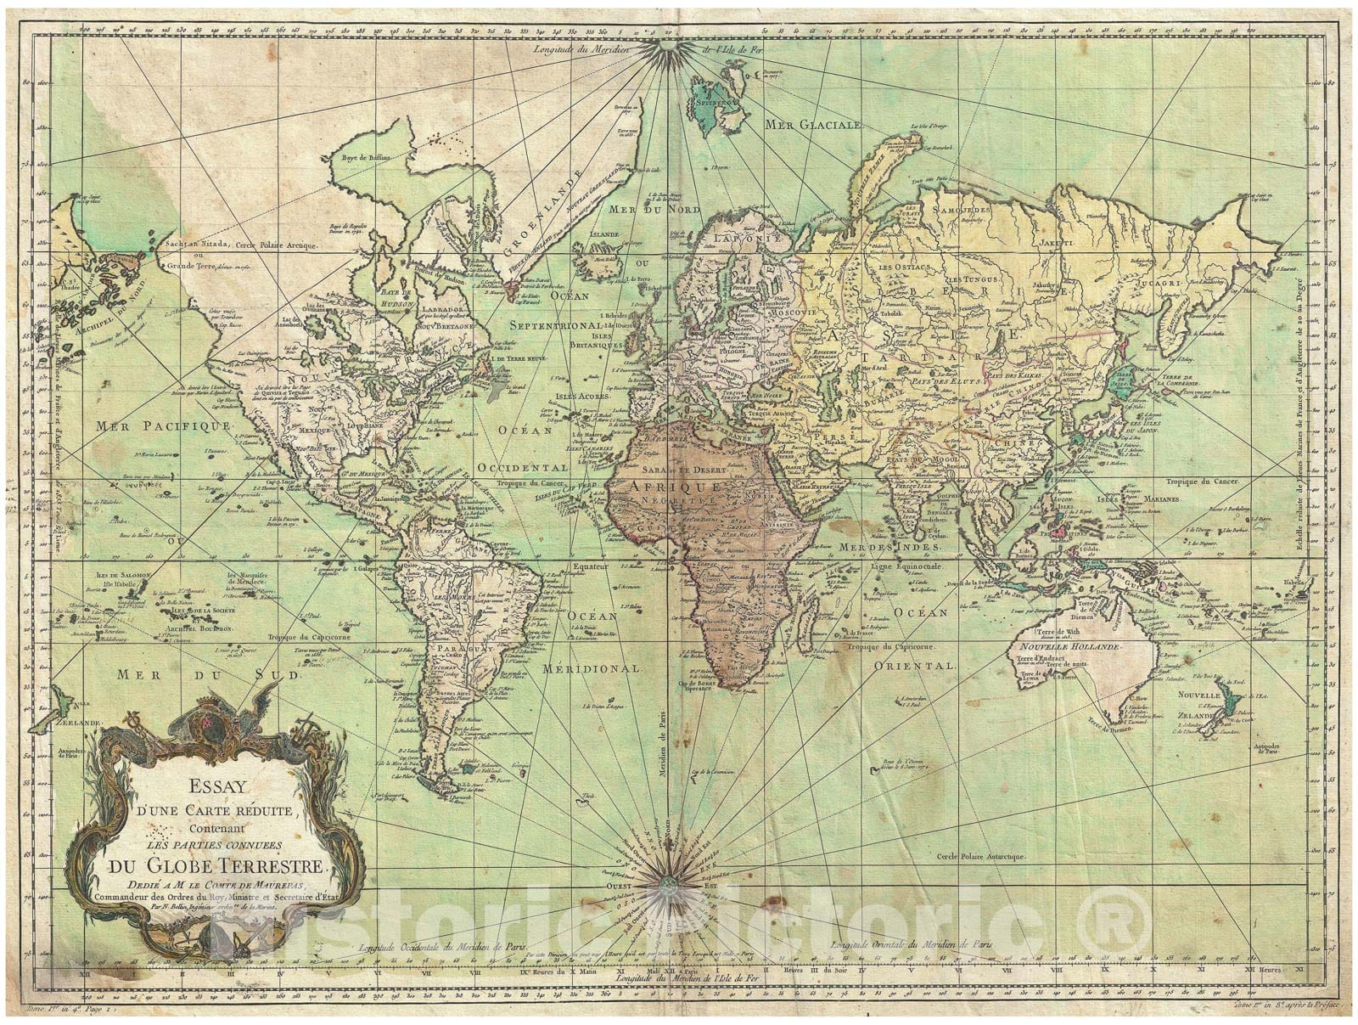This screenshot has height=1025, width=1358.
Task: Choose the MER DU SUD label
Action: tap(207, 676)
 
